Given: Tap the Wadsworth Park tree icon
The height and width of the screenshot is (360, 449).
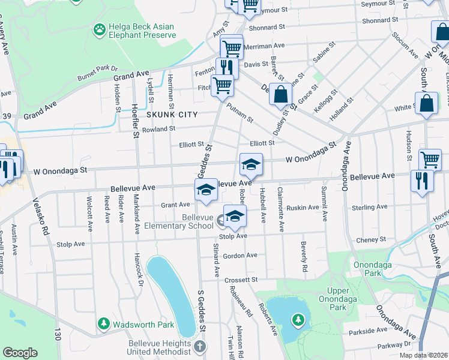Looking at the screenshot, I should [x=104, y=325].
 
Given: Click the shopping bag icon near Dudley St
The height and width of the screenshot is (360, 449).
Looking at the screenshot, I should [x=280, y=94].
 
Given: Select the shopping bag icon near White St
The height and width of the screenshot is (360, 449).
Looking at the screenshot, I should [x=426, y=103].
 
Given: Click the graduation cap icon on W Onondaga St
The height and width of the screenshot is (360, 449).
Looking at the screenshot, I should [x=251, y=163].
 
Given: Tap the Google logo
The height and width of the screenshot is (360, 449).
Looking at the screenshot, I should [x=20, y=353].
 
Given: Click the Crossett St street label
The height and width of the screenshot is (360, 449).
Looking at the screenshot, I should [x=241, y=280].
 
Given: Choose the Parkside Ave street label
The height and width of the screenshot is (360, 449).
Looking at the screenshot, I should [x=368, y=331].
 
